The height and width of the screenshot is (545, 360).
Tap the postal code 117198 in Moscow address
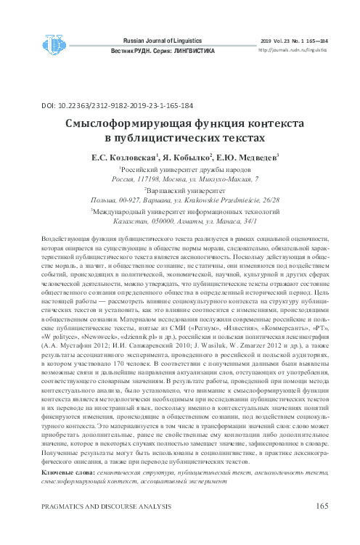150,179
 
